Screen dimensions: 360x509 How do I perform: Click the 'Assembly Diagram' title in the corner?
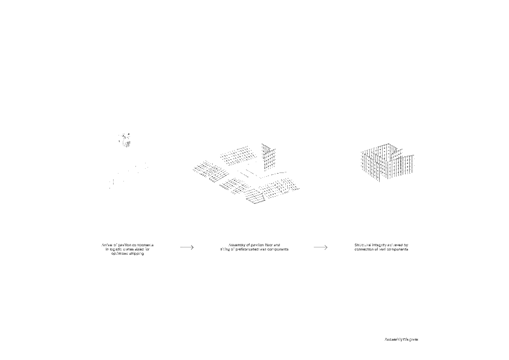pos(401,339)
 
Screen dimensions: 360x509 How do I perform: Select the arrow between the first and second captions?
pos(186,247)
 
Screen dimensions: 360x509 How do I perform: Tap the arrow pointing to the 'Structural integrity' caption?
pos(320,247)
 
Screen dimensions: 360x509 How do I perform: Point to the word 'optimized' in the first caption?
pos(117,254)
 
